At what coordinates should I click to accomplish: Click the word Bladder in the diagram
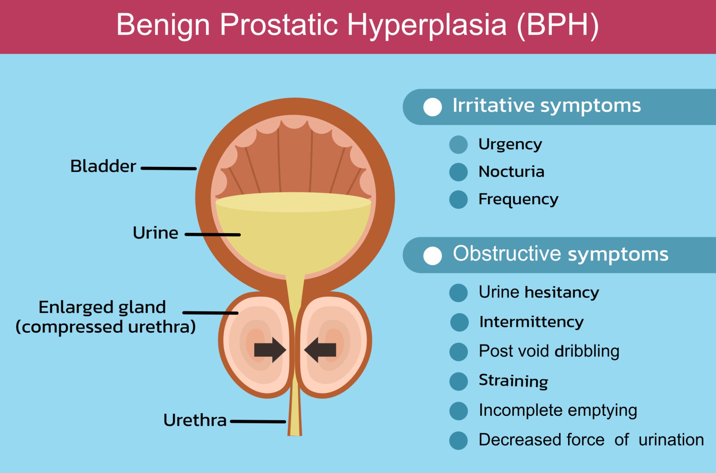103,166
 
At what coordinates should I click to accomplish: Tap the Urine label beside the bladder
155,233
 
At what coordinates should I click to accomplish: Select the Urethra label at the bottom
195,420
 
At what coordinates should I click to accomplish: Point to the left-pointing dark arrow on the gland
320,350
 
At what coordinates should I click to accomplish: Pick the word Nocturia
512,172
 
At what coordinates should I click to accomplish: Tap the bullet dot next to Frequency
458,200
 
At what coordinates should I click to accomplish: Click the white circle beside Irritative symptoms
432,107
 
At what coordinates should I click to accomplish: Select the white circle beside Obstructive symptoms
432,256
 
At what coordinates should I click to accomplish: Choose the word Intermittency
532,322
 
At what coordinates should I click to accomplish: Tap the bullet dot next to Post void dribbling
458,352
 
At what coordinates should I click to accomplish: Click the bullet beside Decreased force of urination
458,440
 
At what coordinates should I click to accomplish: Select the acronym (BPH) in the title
558,26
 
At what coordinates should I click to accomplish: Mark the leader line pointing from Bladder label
168,168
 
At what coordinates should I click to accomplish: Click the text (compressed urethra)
106,327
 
